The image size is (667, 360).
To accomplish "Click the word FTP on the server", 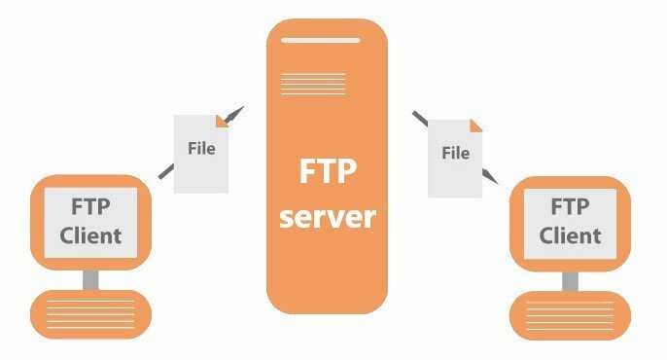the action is (x=328, y=171).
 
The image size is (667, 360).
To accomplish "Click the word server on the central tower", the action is (x=328, y=217).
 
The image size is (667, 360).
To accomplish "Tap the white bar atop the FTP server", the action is (x=321, y=41).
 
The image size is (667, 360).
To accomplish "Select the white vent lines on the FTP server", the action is (x=313, y=84).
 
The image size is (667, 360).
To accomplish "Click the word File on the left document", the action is (x=201, y=149).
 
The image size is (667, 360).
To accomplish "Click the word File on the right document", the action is (x=456, y=153).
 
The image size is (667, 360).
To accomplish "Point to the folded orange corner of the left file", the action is (x=222, y=122).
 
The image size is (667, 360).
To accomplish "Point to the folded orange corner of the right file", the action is (x=475, y=126).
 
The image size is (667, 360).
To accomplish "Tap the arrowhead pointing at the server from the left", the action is (x=235, y=114).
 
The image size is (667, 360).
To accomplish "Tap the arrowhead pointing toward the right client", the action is (x=490, y=176).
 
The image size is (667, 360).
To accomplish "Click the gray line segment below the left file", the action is (x=166, y=171).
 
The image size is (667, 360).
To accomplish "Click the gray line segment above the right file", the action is (x=420, y=119).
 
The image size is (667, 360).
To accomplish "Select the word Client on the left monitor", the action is (x=90, y=236).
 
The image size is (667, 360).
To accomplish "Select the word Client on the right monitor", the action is (x=570, y=236).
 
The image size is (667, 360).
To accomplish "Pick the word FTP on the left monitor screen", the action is (x=90, y=207).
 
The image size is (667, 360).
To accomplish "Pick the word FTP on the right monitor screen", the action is (x=570, y=207).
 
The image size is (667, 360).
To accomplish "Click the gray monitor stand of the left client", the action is (x=90, y=280).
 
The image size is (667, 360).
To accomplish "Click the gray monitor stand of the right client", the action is (x=570, y=282).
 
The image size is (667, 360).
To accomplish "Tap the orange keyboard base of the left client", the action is (x=90, y=314).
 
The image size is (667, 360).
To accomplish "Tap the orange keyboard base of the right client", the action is (x=570, y=316).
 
